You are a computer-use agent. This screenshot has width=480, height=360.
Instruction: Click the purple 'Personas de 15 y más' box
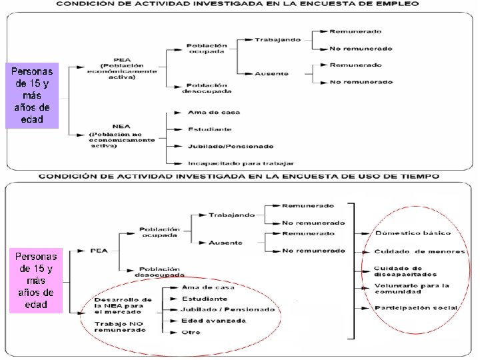(x=32, y=95)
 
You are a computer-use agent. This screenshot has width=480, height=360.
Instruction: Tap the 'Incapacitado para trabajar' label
(x=241, y=162)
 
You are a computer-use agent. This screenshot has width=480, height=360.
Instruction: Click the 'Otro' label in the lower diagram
(x=191, y=332)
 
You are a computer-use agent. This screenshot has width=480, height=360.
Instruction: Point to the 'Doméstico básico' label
(x=413, y=233)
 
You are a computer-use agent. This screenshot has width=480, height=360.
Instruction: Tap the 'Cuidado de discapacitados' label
(x=405, y=271)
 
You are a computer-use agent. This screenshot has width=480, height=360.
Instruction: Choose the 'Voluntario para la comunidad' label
(x=411, y=288)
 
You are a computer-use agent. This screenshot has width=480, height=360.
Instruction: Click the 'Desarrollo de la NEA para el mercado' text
(x=123, y=305)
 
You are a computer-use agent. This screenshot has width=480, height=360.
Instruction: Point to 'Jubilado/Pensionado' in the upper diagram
(x=221, y=145)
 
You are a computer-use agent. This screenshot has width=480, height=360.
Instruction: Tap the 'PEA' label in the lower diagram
(x=99, y=251)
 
